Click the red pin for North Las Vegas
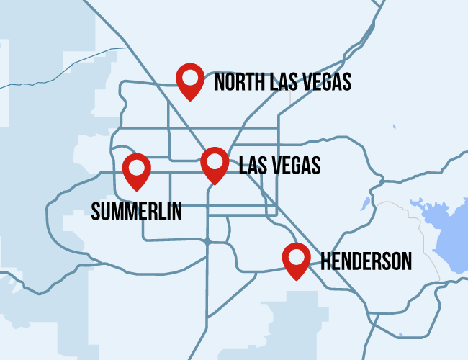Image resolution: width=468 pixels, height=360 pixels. tap(191, 80)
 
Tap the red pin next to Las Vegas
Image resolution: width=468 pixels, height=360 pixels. tap(215, 164)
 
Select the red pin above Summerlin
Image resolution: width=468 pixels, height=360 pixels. tap(137, 171)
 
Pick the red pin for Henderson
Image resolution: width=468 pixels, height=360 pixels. tap(296, 260)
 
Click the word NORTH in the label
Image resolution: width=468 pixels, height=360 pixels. tap(238, 81)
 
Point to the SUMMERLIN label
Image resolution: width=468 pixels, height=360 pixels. tap(137, 211)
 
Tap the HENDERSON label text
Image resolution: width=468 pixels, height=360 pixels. tap(366, 261)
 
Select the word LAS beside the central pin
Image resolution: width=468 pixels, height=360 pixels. tap(253, 166)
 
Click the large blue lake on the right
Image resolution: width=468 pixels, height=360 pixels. tap(443, 230)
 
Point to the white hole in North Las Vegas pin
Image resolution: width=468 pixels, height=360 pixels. tap(191, 76)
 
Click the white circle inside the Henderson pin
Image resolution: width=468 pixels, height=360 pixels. tap(296, 256)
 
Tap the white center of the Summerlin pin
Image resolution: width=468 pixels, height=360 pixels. tap(137, 166)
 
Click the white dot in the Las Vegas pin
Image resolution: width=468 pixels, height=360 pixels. tap(215, 160)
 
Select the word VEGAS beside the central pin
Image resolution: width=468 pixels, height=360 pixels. tap(297, 166)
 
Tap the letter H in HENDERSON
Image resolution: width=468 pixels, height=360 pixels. tap(325, 261)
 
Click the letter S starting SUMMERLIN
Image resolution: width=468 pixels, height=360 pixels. tap(96, 211)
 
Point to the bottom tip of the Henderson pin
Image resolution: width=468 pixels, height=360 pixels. tap(296, 279)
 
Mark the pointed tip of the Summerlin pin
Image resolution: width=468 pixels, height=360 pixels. tap(137, 190)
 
